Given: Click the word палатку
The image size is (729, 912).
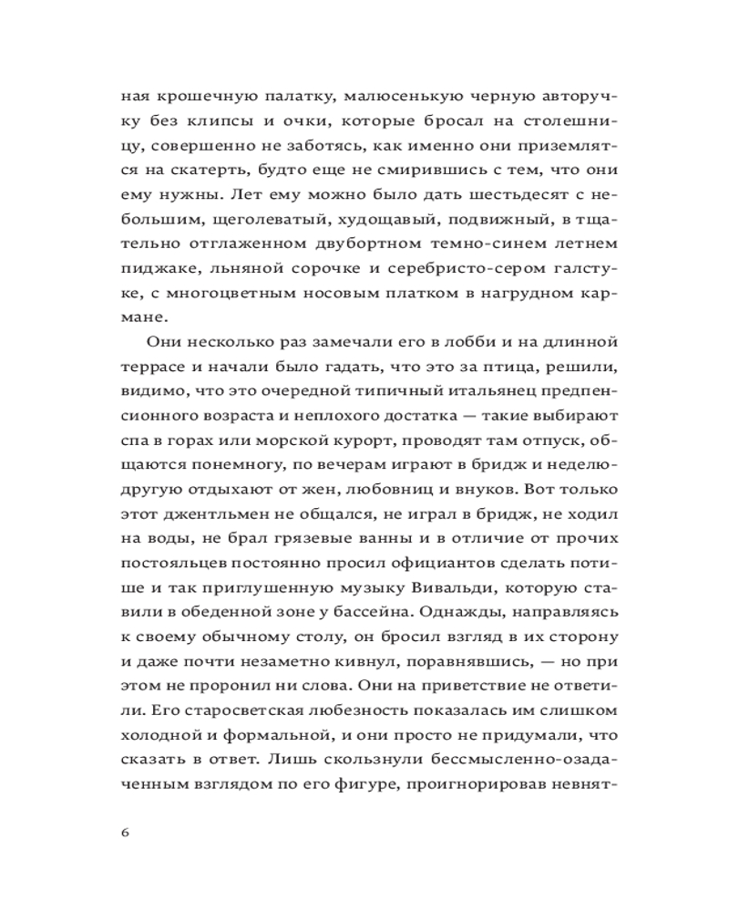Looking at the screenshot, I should click(x=260, y=95).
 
